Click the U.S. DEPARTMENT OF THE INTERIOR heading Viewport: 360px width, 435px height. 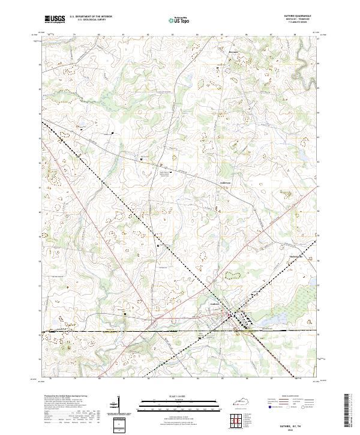pos(91,16)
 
